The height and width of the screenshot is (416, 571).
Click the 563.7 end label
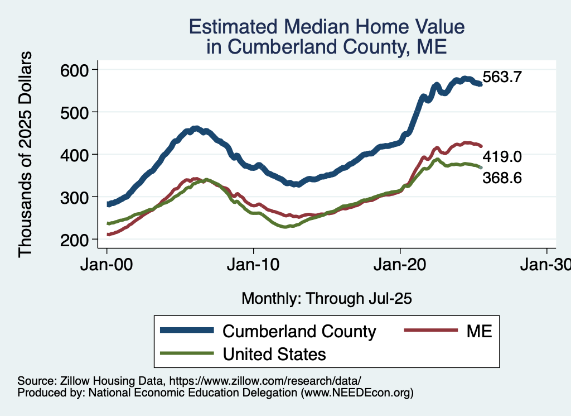click(502, 77)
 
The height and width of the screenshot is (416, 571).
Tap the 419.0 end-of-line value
click(502, 156)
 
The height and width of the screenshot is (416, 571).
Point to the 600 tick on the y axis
click(75, 70)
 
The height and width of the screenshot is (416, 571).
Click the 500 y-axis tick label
click(75, 112)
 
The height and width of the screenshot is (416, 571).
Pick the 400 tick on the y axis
click(75, 155)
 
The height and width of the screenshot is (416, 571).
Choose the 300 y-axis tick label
click(75, 197)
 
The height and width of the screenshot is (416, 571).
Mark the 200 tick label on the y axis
click(75, 240)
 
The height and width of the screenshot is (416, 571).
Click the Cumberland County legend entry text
click(299, 331)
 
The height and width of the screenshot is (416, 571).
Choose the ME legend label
click(480, 331)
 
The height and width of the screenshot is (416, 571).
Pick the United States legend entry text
click(274, 353)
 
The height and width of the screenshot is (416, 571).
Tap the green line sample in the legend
click(187, 353)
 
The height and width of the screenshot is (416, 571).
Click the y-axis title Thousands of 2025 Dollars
click(26, 155)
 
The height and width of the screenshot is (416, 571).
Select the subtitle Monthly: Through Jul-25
click(326, 299)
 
